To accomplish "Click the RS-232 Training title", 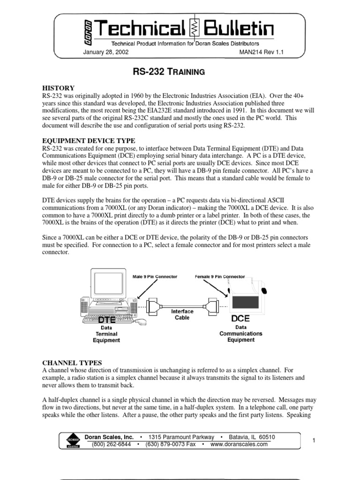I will pyautogui.click(x=170, y=72).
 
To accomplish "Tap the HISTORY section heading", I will pyautogui.click(x=59, y=88).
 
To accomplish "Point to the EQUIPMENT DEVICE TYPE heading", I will pyautogui.click(x=89, y=141).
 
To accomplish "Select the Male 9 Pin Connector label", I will pyautogui.click(x=155, y=277).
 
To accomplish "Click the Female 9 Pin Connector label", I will pyautogui.click(x=220, y=277).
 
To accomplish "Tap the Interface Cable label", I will pyautogui.click(x=182, y=314).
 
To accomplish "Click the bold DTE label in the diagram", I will pyautogui.click(x=106, y=319).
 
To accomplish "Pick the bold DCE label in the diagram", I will pyautogui.click(x=241, y=318).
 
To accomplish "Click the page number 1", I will pyautogui.click(x=313, y=441).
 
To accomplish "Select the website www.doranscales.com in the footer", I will pyautogui.click(x=240, y=444).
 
